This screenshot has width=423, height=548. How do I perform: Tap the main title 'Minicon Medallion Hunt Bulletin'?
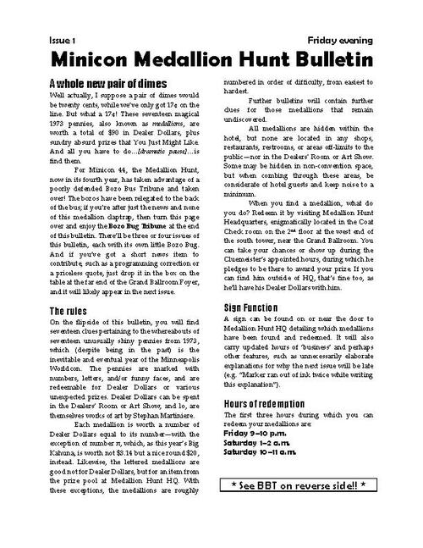click(211, 59)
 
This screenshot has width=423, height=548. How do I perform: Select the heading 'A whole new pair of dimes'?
click(107, 83)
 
